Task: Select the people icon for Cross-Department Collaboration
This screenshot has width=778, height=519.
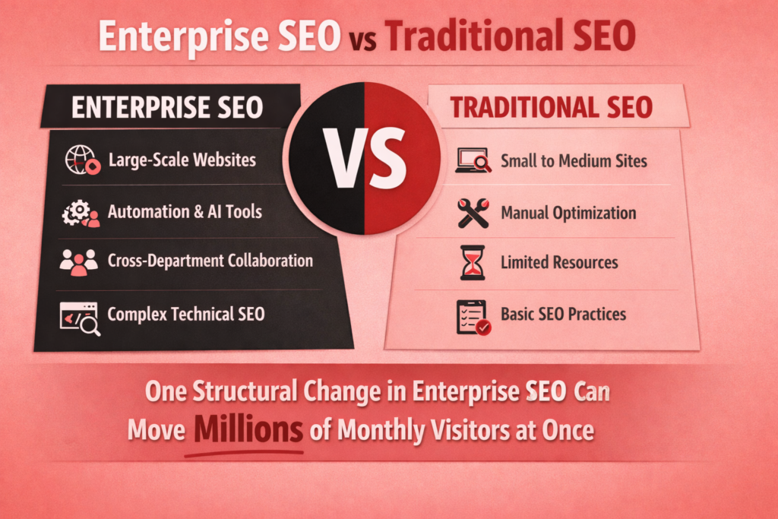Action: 79,261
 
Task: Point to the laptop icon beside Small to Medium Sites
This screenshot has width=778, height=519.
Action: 473,161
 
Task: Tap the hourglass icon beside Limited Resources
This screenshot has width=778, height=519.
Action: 473,263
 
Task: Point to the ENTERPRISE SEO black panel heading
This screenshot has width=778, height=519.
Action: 167,107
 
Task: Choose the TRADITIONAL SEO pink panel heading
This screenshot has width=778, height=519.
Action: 551,107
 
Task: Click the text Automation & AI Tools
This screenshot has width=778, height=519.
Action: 185,211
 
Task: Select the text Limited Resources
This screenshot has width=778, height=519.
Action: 559,263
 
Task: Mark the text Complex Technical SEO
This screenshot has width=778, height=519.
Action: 186,314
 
